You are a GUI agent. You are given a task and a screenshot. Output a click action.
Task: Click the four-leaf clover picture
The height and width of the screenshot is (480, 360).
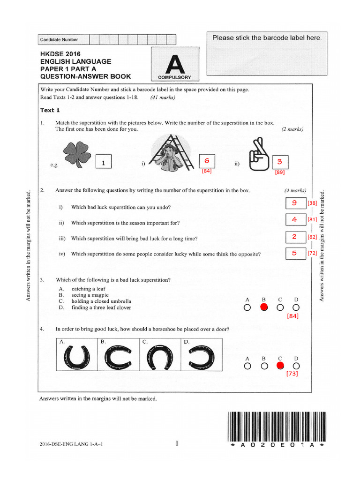pyautogui.click(x=77, y=154)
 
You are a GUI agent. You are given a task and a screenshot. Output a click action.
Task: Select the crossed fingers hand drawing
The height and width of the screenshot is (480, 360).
pyautogui.click(x=258, y=155)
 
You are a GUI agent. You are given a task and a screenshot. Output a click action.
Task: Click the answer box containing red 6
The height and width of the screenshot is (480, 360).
pyautogui.click(x=207, y=161)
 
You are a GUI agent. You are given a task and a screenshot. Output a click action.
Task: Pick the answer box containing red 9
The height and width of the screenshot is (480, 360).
pyautogui.click(x=295, y=203)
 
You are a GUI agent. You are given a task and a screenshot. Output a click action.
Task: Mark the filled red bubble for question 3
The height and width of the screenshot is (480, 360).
pyautogui.click(x=264, y=307)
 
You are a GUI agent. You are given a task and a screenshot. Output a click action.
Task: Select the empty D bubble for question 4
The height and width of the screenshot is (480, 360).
pyautogui.click(x=296, y=366)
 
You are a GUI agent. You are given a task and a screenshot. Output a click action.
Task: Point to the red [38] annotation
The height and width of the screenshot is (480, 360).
pyautogui.click(x=313, y=203)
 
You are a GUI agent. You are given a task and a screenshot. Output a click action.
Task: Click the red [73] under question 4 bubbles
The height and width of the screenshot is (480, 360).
pyautogui.click(x=291, y=374)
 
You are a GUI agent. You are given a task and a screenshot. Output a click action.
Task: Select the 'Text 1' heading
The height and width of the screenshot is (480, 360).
pyautogui.click(x=50, y=111)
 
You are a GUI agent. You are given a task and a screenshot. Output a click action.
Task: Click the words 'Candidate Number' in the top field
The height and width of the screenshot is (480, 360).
pyautogui.click(x=59, y=40)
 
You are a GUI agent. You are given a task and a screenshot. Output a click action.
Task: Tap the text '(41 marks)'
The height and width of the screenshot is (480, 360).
pyautogui.click(x=163, y=97)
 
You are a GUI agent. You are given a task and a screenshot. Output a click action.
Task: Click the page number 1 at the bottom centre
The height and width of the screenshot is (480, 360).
pyautogui.click(x=177, y=442)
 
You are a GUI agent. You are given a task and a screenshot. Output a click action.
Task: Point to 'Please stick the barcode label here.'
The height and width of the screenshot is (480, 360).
pyautogui.click(x=267, y=37)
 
